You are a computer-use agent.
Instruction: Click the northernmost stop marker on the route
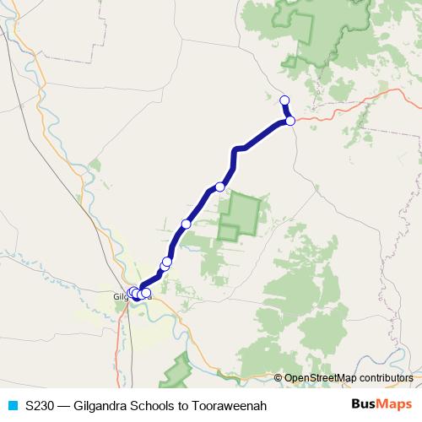(284, 100)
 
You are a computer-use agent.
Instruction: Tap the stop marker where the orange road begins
(290, 121)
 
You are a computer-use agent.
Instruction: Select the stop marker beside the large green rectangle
(220, 187)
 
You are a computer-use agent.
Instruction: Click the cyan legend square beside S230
(12, 406)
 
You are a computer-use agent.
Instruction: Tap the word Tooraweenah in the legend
(230, 406)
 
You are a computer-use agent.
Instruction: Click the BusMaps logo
(380, 405)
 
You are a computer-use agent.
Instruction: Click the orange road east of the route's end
(338, 112)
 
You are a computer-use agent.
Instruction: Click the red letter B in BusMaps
(356, 405)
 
